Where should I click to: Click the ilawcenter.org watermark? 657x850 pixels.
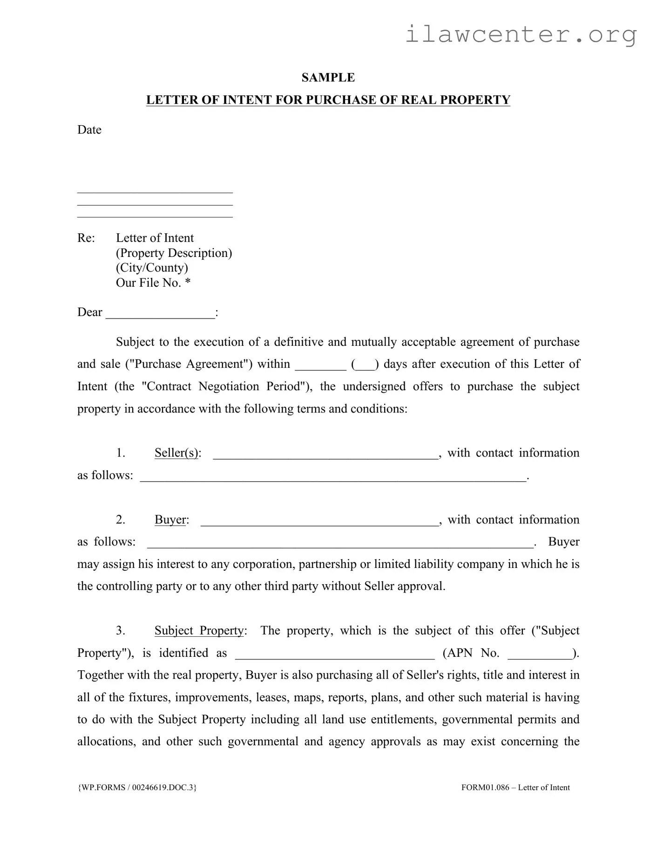pos(520,34)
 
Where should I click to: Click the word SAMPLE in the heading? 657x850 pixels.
pos(328,78)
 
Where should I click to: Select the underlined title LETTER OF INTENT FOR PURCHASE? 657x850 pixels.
pos(328,100)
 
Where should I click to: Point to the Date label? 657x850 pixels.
pos(89,130)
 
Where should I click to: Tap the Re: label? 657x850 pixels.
pos(86,238)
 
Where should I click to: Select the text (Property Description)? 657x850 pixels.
pos(174,253)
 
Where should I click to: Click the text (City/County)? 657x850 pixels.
pos(152,268)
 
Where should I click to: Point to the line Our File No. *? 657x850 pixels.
pos(153,283)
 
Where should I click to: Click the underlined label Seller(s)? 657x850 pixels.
pos(176,453)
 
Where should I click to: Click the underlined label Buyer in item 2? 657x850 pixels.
pos(170,520)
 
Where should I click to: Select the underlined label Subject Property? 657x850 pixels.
pos(199,631)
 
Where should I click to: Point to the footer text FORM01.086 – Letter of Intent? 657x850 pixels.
pos(515,788)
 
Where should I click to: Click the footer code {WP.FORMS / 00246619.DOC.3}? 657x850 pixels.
pos(137,788)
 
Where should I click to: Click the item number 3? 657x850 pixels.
pos(120,631)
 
